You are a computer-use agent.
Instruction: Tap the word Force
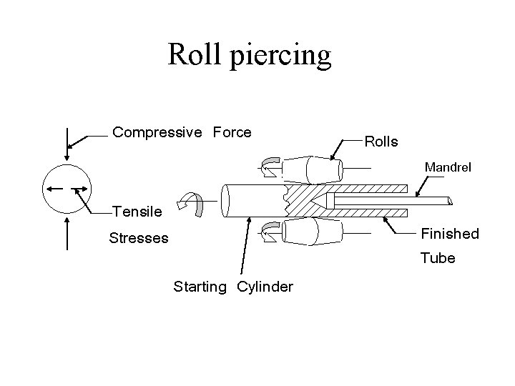click(x=232, y=132)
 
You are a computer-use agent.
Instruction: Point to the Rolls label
click(x=381, y=142)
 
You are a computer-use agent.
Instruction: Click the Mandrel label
click(x=448, y=168)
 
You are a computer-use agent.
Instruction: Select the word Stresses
click(x=139, y=238)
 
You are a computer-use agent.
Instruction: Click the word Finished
click(x=449, y=234)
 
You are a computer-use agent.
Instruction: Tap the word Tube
click(x=438, y=258)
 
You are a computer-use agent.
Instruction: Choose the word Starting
click(x=200, y=287)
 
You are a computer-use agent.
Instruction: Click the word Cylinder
click(x=265, y=287)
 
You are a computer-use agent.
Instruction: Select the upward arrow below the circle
click(x=67, y=234)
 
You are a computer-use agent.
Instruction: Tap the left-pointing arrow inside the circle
click(x=54, y=189)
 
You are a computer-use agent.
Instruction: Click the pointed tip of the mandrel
click(x=325, y=201)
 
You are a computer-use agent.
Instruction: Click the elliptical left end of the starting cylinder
click(x=227, y=201)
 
